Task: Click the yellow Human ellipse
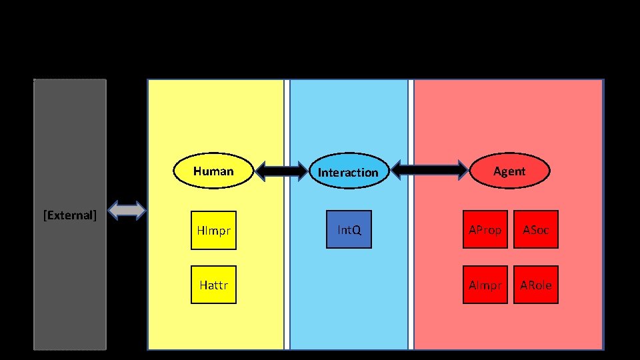pos(213,172)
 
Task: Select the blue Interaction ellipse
pos(348,172)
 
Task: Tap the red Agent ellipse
pos(509,171)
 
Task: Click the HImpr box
pos(213,230)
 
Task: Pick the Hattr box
pos(213,285)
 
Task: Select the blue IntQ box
pos(349,230)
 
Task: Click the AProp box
pos(485,230)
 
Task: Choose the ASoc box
pos(536,230)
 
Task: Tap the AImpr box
pos(485,285)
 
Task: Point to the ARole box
pos(536,285)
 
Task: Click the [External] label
pos(70,215)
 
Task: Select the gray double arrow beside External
pos(127,211)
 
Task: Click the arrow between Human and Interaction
pos(280,172)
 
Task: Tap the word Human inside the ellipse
pos(213,171)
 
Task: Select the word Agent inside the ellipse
pos(509,171)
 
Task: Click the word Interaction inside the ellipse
pos(348,173)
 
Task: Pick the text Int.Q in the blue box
pos(349,230)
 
